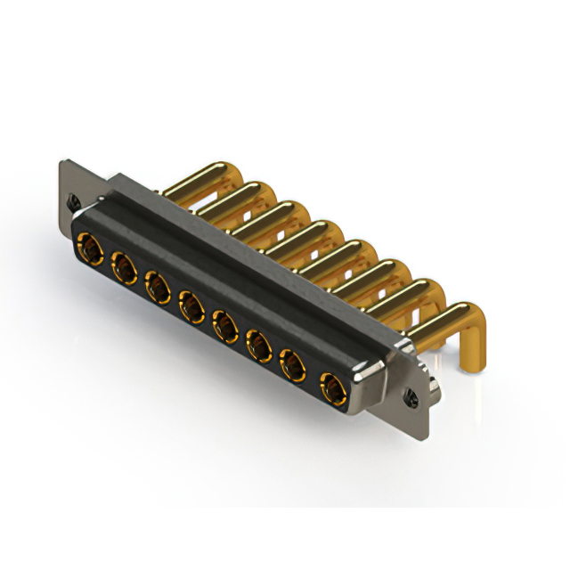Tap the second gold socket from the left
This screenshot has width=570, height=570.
pos(122,265)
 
